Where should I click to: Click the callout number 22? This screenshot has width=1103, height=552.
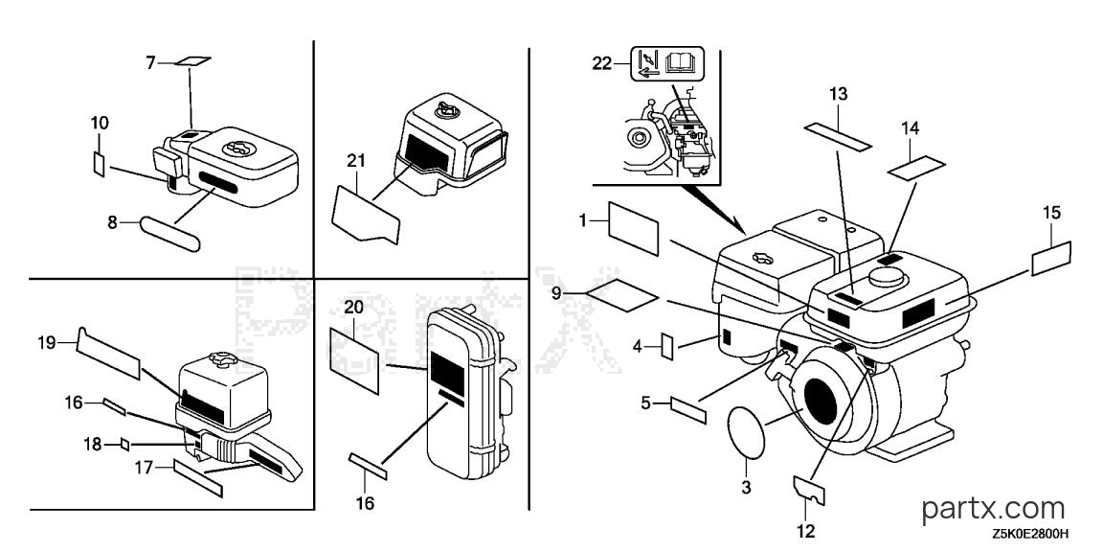602,64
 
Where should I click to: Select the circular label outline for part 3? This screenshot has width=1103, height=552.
747,431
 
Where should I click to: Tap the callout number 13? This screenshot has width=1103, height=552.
838,94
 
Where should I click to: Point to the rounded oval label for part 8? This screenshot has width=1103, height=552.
171,233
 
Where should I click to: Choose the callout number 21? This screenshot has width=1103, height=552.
356,161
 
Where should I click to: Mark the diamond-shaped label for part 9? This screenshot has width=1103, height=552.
622,293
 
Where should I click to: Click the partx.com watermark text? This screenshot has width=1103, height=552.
993,508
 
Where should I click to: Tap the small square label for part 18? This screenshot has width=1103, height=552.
124,445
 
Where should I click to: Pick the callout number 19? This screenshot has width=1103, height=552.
46,343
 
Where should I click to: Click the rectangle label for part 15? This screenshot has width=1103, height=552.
1051,259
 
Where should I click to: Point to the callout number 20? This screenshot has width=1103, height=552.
354,307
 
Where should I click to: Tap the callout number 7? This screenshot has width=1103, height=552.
150,63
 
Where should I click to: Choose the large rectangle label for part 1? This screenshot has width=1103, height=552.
633,228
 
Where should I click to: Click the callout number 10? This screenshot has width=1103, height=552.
100,124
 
